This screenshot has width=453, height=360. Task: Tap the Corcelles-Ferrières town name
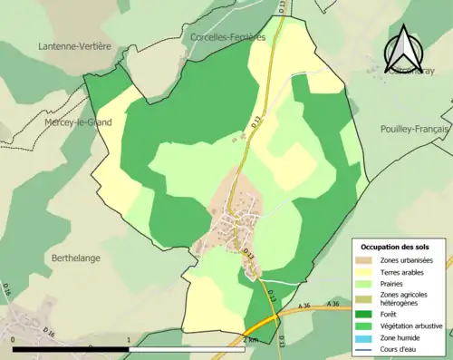[x=228, y=37]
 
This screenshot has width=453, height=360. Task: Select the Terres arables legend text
[x=405, y=271]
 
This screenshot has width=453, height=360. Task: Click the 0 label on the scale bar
[x=14, y=340]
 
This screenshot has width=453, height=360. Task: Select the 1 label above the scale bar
[x=129, y=340]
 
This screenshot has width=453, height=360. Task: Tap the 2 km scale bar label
[x=250, y=340]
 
